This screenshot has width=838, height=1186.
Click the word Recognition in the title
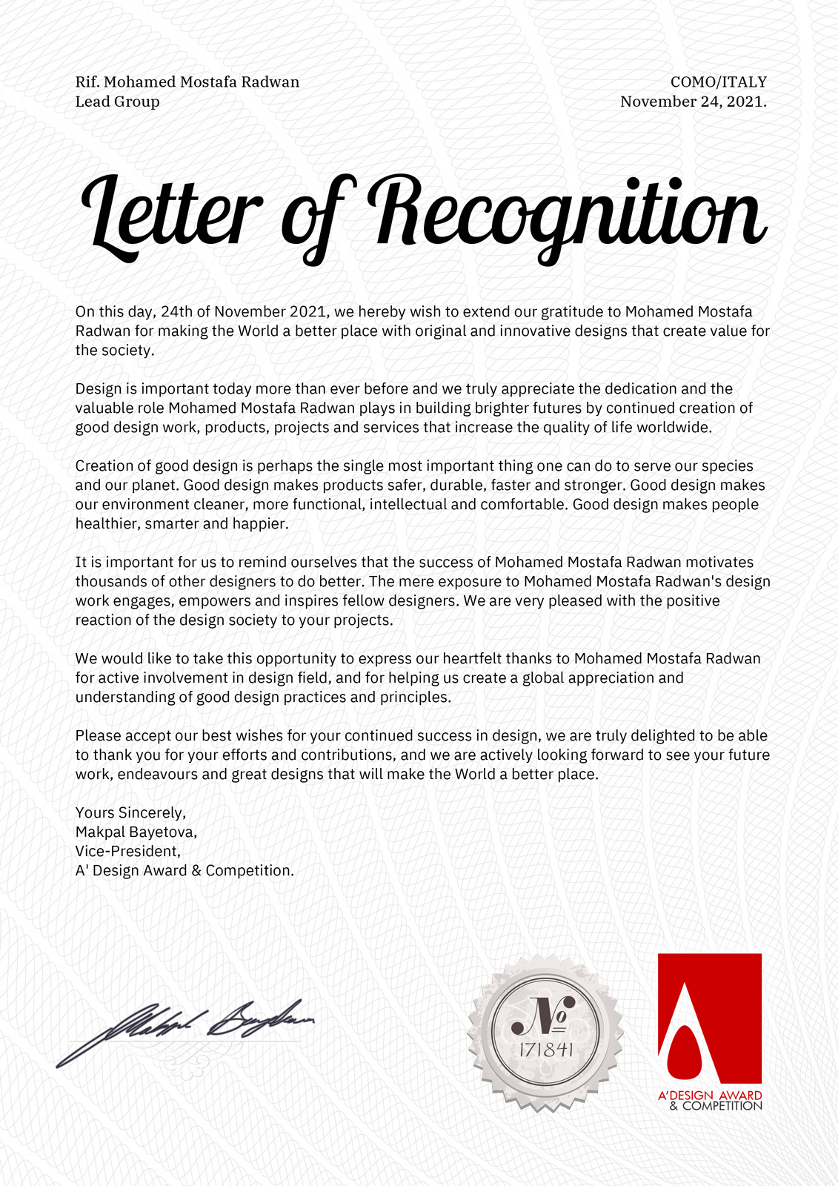pyautogui.click(x=567, y=215)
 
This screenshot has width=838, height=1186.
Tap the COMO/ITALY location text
pyautogui.click(x=718, y=82)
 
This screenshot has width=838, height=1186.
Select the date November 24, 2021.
pyautogui.click(x=693, y=102)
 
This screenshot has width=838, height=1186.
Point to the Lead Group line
pyautogui.click(x=117, y=102)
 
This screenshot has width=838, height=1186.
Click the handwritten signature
pyautogui.click(x=185, y=1030)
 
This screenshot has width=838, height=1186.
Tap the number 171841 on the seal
pyautogui.click(x=545, y=1050)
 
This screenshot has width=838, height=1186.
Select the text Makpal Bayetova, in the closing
pyautogui.click(x=136, y=832)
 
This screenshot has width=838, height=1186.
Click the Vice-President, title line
pyautogui.click(x=127, y=851)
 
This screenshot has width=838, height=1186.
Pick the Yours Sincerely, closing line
pyautogui.click(x=130, y=812)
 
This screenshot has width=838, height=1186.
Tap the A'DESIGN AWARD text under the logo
pyautogui.click(x=709, y=1095)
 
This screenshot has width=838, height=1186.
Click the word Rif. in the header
pyautogui.click(x=87, y=82)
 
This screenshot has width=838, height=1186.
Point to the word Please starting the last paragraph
pyautogui.click(x=98, y=736)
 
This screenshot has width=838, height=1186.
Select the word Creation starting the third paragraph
pyautogui.click(x=104, y=466)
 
